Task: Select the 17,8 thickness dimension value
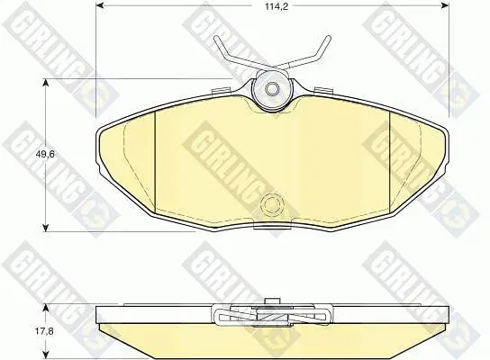[x=44, y=331]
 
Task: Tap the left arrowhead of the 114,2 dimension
[x=100, y=6]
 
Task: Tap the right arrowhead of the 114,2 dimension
[x=444, y=6]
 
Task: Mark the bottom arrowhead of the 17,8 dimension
[x=46, y=355]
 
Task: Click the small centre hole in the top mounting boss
[x=272, y=89]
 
